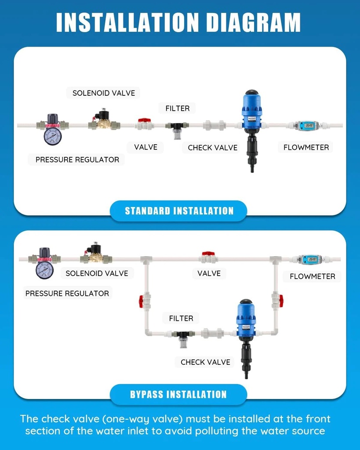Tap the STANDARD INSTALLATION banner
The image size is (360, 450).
[178, 210]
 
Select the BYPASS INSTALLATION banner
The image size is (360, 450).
[178, 394]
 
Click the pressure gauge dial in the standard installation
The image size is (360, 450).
[52, 136]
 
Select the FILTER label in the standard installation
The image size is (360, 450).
[177, 108]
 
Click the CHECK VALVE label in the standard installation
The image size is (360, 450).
[212, 148]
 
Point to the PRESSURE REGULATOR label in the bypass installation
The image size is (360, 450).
[67, 293]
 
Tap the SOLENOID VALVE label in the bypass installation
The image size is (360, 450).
[97, 273]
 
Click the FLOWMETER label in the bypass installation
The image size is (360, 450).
[313, 276]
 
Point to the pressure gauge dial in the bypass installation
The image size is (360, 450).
[44, 269]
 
